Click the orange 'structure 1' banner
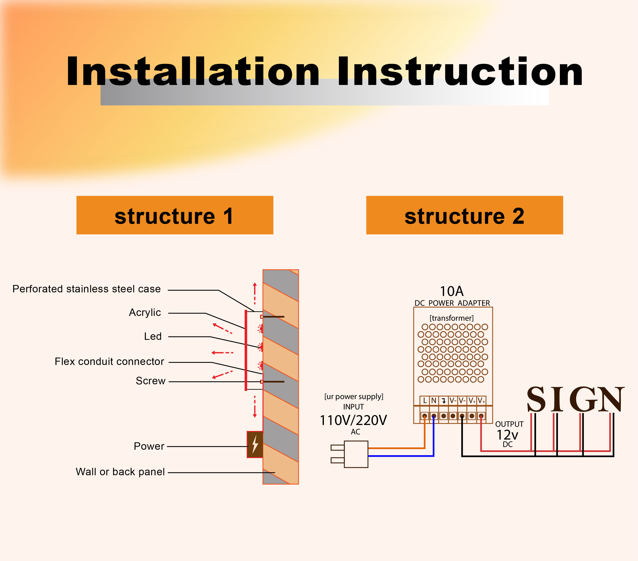175,215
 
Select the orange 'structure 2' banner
464,215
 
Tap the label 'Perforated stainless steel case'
87,289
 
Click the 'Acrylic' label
145,312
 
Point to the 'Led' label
153,336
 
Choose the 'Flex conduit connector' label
109,361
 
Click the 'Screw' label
150,381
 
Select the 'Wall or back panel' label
120,472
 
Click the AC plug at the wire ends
350,454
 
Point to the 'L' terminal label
425,400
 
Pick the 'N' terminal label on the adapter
434,400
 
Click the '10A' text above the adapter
452,291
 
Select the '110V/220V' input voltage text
353,420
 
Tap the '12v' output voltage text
507,435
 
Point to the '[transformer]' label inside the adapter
452,318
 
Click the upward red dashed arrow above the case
255,293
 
